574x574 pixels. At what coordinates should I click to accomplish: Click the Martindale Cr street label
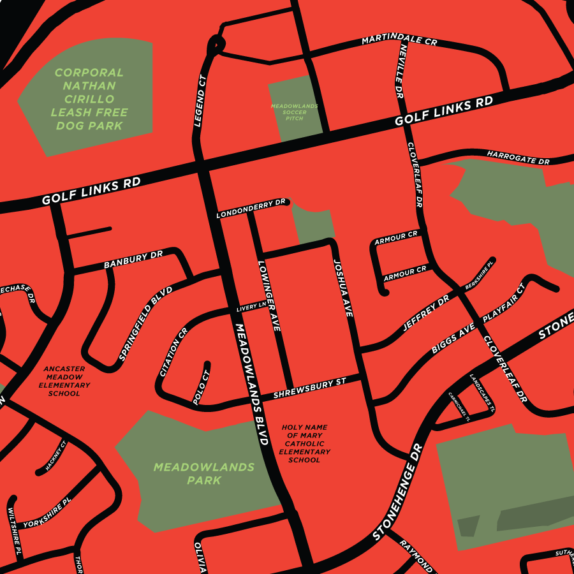tap(399, 40)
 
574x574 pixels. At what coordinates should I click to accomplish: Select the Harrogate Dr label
tap(518, 158)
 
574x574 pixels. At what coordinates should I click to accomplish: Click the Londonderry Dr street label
tap(251, 209)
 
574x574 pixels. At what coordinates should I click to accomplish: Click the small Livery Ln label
tap(251, 307)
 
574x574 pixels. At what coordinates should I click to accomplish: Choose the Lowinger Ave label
tap(269, 295)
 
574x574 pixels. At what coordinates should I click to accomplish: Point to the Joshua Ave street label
tap(342, 288)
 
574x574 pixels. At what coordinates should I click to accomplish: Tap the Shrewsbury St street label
tap(309, 388)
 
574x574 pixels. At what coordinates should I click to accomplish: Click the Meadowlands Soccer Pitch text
tap(294, 112)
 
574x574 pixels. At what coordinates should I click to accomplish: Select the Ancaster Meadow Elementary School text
tap(64, 381)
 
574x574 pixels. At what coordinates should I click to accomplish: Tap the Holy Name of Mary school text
tap(304, 443)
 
